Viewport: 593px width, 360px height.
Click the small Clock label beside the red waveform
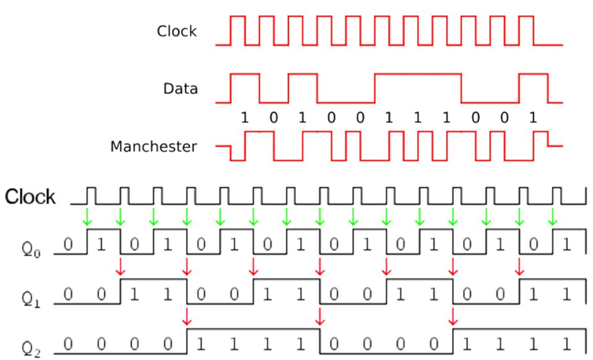[x=176, y=31]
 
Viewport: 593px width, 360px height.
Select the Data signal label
[x=181, y=88]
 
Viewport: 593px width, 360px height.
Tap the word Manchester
[x=154, y=147]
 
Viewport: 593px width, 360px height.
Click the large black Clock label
[x=30, y=197]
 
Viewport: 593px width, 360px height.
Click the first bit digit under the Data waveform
[x=245, y=118]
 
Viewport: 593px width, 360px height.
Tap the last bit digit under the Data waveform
[x=532, y=118]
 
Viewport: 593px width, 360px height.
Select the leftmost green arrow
[x=88, y=217]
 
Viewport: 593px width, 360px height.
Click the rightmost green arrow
[x=553, y=217]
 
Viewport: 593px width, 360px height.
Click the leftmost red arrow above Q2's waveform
[x=187, y=316]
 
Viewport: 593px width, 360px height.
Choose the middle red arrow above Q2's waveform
[x=320, y=316]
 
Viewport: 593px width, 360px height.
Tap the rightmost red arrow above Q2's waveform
[x=453, y=316]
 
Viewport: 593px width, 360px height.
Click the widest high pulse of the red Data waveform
[x=418, y=75]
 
